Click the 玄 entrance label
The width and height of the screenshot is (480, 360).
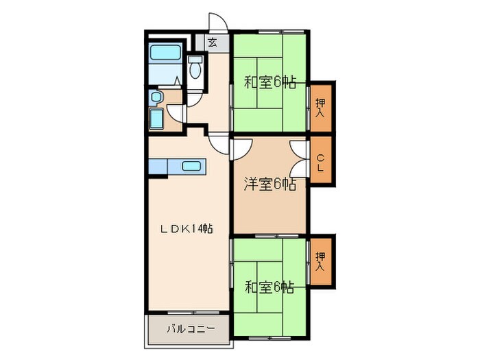(x=213, y=43)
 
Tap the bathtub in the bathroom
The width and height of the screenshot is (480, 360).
(x=165, y=52)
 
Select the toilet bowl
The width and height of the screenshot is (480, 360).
(x=195, y=70)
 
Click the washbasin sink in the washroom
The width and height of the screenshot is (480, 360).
(x=156, y=97)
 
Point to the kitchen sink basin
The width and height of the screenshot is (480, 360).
(x=191, y=166)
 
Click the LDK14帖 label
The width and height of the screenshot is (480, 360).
(x=187, y=228)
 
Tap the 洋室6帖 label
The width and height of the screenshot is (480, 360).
(x=270, y=184)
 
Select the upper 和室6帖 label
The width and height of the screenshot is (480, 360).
(x=270, y=82)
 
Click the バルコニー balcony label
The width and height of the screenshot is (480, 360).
(x=191, y=329)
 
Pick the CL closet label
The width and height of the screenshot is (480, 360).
(x=320, y=163)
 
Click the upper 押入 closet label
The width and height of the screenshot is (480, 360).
(x=320, y=108)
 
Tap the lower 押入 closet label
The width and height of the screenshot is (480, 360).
(x=320, y=261)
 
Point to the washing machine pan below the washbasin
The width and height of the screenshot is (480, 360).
(x=156, y=119)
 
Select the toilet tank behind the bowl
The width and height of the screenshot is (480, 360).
(x=195, y=59)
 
